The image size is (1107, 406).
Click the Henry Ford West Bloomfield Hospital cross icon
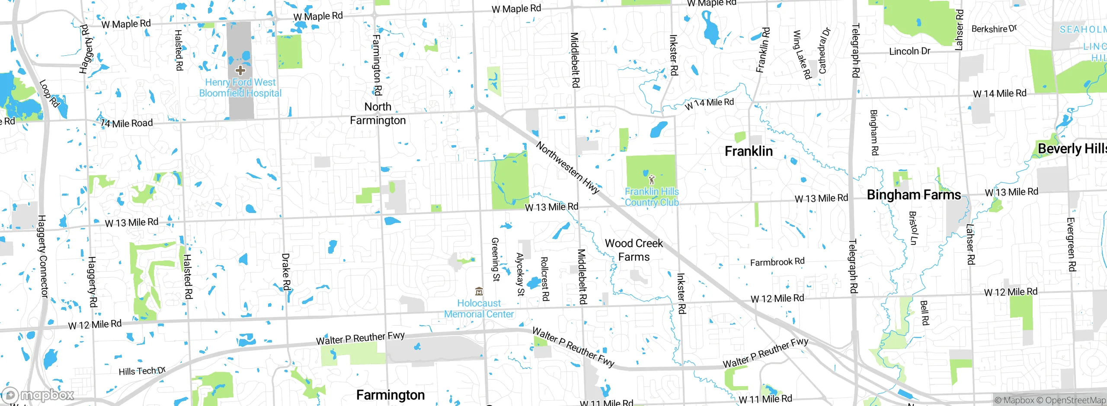(240, 70)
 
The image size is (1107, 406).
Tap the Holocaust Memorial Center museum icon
(479, 291)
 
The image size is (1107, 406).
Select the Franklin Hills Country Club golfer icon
(652, 180)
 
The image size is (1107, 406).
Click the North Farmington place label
(378, 114)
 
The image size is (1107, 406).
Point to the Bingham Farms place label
(914, 195)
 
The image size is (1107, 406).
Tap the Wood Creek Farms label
(634, 250)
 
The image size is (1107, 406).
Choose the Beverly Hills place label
(1072, 149)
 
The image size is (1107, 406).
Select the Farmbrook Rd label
(777, 262)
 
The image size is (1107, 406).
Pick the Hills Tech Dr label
(142, 371)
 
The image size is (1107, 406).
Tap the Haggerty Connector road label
(43, 256)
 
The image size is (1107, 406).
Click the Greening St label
(496, 259)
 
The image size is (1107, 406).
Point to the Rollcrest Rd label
(545, 279)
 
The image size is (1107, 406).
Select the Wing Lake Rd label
(801, 54)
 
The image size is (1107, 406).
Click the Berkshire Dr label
(994, 29)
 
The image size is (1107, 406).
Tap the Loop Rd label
(49, 93)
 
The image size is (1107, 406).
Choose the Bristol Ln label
(912, 228)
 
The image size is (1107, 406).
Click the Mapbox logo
(38, 395)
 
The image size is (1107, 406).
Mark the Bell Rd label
(924, 313)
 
